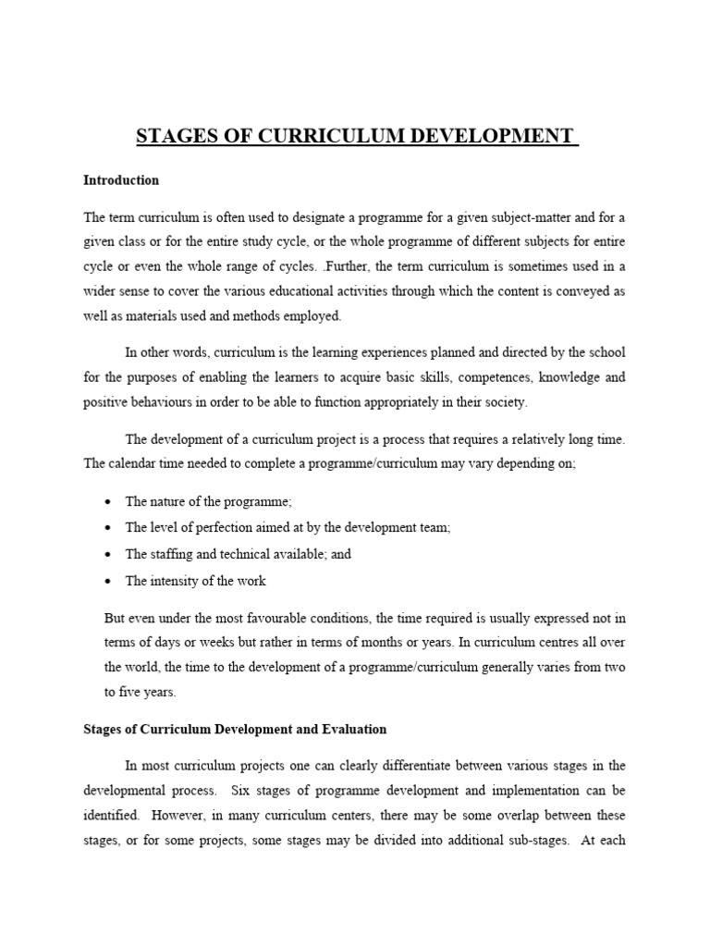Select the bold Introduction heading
[121, 180]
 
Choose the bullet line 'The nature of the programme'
[208, 501]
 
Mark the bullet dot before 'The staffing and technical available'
[108, 555]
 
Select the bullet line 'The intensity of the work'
[195, 581]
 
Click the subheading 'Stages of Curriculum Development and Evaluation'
[235, 729]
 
